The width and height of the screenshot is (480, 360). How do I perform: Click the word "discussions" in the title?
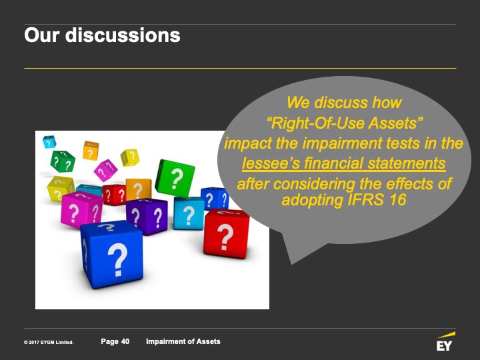pos(123,35)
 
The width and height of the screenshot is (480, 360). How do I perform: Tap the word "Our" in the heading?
pos(41,35)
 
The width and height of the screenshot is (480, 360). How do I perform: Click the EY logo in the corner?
pos(445,341)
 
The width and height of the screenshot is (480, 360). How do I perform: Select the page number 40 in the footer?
pos(125,341)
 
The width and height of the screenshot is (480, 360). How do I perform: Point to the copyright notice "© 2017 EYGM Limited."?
pos(49,342)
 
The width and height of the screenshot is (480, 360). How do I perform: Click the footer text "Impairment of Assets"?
pos(183,341)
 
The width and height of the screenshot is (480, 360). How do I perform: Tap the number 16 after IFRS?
pos(397,200)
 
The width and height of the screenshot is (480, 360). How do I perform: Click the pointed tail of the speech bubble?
pos(291,263)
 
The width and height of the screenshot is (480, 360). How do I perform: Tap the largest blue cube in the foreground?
pos(112,255)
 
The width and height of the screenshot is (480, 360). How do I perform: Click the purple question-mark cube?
pos(147,216)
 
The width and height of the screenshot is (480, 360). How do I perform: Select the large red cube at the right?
pos(226,234)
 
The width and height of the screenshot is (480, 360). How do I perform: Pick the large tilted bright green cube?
pos(175,178)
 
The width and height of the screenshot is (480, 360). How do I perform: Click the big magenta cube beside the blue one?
pos(81,210)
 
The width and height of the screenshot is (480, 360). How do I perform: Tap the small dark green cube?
pos(63,161)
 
